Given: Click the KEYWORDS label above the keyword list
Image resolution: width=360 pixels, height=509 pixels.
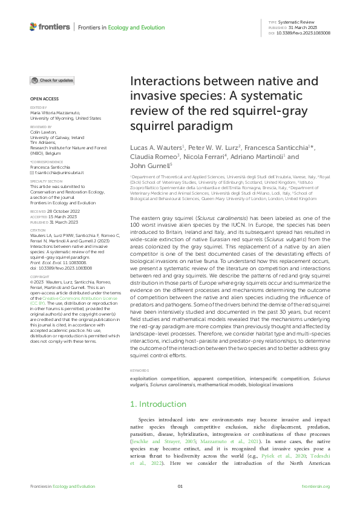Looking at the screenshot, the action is click(x=139, y=371).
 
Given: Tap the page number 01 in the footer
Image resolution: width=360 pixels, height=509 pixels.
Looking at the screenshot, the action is click(x=180, y=486).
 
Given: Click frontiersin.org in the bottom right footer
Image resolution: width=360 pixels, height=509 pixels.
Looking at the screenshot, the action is click(x=315, y=486).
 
